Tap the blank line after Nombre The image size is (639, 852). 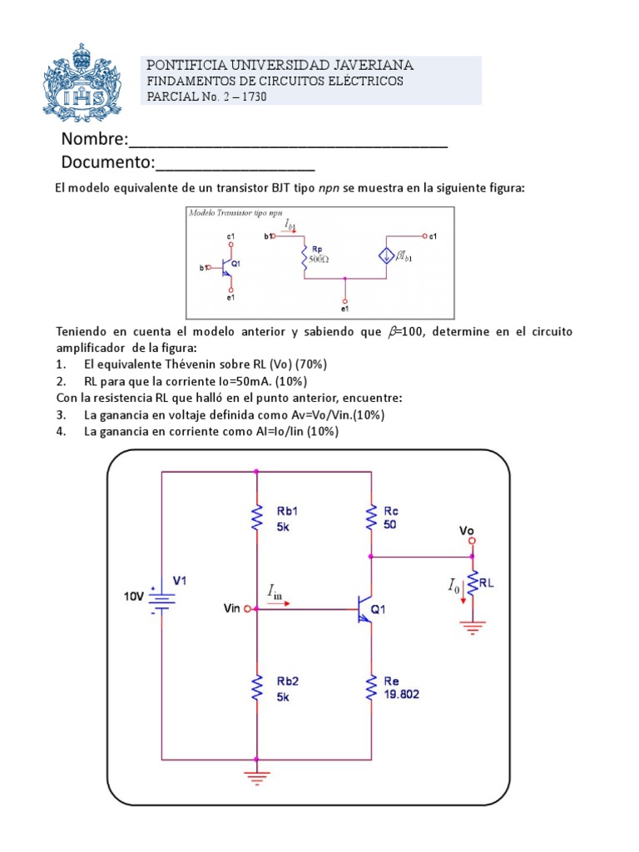pos(287,140)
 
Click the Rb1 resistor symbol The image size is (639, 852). pos(256,520)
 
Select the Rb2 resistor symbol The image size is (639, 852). pos(256,687)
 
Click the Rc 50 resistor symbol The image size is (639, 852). pos(370,518)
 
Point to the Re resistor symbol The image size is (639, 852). pos(370,687)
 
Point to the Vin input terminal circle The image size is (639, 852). pos(247,609)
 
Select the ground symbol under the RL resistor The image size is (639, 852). pos(473,627)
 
